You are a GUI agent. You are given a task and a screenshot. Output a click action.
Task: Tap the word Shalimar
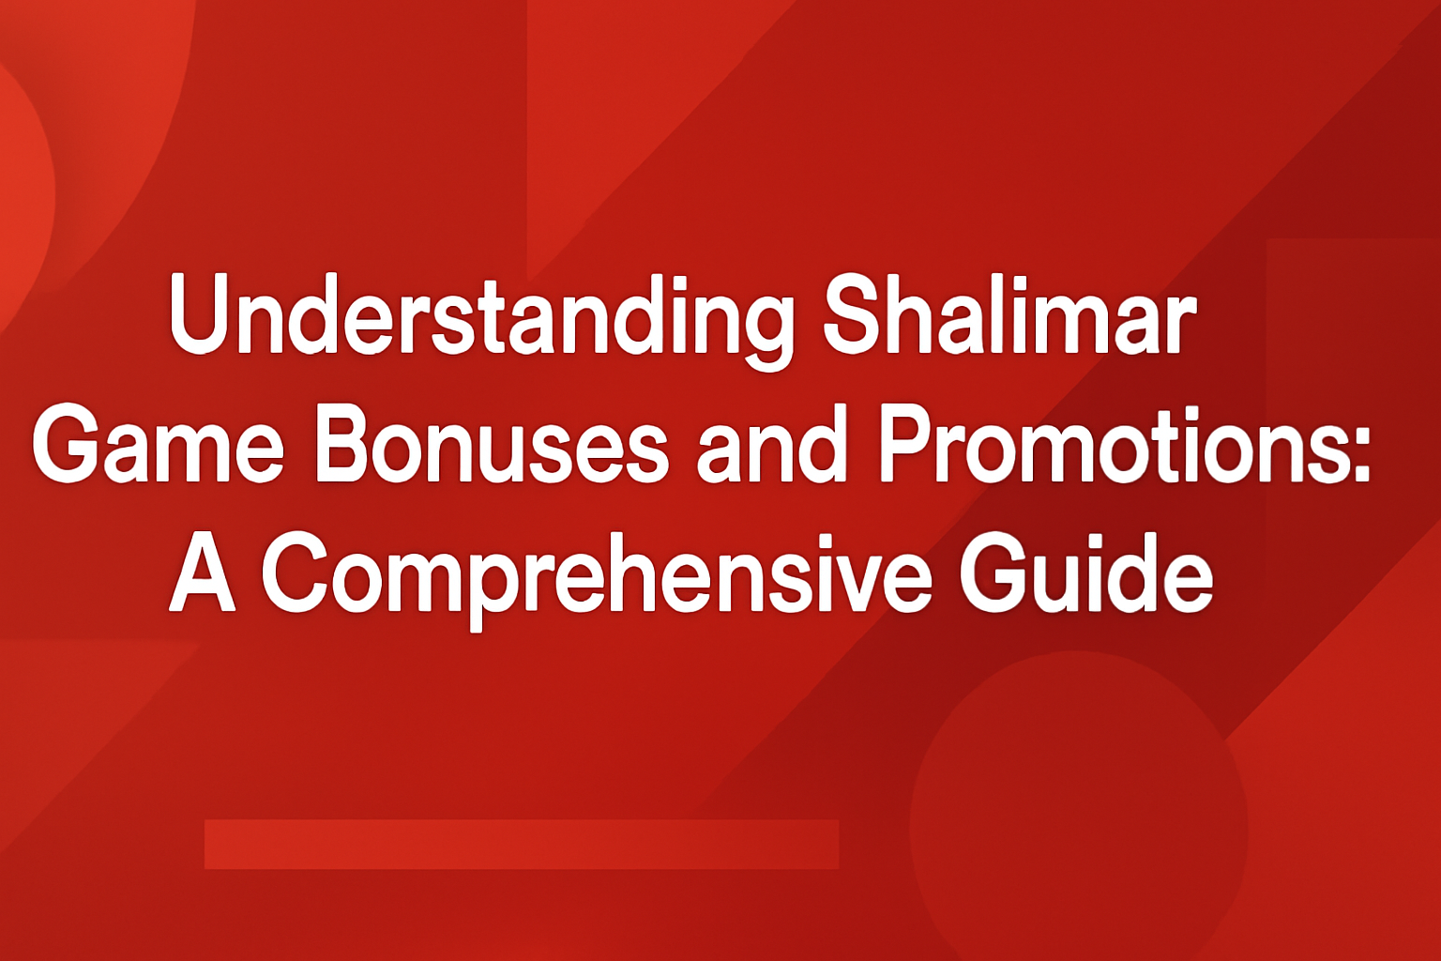[1009, 315]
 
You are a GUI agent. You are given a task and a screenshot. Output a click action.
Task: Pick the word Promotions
[1107, 445]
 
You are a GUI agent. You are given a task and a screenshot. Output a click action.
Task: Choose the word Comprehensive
[597, 574]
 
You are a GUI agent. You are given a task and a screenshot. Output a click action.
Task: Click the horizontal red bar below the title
[521, 844]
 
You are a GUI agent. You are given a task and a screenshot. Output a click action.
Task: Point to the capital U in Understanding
[201, 315]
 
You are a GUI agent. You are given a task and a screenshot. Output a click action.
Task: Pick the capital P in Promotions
[906, 445]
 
